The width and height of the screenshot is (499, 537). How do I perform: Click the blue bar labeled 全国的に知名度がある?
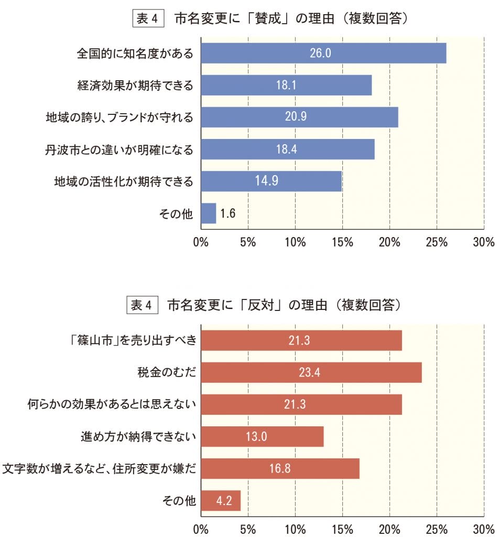[x=323, y=53]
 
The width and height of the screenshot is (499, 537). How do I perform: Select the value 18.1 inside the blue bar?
[x=286, y=85]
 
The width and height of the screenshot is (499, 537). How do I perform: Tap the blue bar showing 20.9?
[x=299, y=117]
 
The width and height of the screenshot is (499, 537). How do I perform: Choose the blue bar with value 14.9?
[x=271, y=181]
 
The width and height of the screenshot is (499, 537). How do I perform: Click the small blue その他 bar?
[x=208, y=213]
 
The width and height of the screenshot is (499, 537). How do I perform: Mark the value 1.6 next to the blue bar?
[x=228, y=213]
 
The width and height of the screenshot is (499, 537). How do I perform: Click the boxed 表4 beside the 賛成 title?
[x=148, y=19]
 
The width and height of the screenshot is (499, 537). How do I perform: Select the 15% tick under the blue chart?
[x=342, y=242]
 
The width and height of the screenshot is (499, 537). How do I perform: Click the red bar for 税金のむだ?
[x=311, y=372]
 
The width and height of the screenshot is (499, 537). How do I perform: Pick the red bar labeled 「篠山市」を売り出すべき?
[x=301, y=340]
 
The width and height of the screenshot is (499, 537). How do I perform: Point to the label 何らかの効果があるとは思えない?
[x=112, y=405]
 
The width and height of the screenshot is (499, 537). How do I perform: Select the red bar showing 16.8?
[x=280, y=468]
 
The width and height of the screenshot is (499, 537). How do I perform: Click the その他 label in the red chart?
[x=179, y=501]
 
